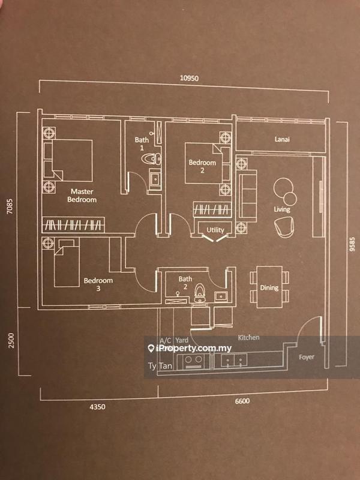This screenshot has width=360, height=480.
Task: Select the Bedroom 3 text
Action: click(98, 284)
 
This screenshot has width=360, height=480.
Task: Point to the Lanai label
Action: click(283, 140)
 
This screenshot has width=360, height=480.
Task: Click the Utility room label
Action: click(215, 230)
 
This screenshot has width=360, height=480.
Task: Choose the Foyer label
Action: click(307, 357)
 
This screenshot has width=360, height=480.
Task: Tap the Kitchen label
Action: click(248, 338)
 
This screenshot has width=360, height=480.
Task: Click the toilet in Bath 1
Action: click(153, 159)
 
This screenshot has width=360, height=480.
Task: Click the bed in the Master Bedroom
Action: click(71, 159)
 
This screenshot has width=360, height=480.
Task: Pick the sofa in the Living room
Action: click(247, 196)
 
